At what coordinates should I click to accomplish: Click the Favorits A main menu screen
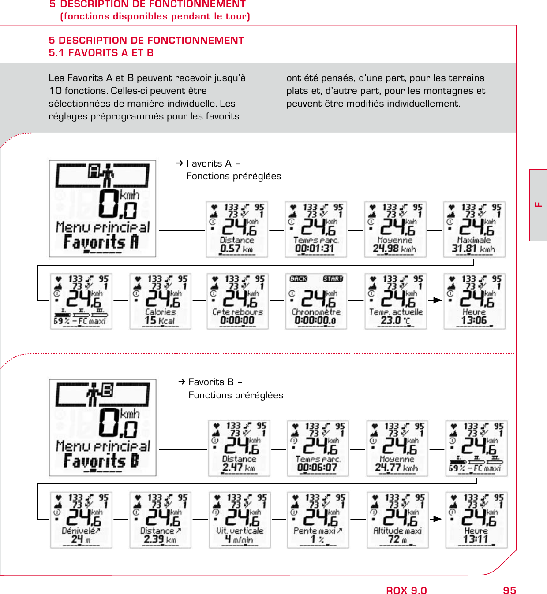102,208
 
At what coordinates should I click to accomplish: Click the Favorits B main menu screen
102,427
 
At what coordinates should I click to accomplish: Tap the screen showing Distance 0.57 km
237,230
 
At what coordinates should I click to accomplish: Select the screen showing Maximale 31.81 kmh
474,230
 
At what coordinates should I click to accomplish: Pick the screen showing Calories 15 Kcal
161,301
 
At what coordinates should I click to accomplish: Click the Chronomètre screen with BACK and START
316,301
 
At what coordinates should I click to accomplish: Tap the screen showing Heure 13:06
475,301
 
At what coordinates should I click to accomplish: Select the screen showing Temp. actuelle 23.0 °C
396,301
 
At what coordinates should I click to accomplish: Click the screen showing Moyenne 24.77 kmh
397,449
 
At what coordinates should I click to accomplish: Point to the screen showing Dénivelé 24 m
81,520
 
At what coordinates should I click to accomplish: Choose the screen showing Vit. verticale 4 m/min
240,520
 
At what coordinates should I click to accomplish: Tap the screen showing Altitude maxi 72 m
397,520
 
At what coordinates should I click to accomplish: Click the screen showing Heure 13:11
476,520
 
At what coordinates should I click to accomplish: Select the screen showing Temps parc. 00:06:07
318,449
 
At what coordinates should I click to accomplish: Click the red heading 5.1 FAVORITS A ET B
101,53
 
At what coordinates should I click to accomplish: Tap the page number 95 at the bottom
509,590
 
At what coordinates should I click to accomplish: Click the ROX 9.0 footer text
406,590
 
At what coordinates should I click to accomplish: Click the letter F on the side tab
538,205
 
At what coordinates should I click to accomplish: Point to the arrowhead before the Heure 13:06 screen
437,300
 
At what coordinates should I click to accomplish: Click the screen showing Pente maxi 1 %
318,520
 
